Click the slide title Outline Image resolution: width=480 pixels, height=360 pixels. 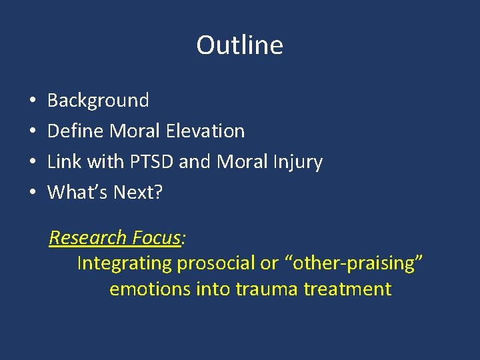(239, 45)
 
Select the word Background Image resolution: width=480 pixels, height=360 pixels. (98, 101)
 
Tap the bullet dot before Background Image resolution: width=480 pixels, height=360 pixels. (33, 101)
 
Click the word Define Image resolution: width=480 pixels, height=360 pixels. (75, 131)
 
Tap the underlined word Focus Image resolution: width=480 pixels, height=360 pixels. (157, 237)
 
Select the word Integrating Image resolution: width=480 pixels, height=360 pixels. (124, 263)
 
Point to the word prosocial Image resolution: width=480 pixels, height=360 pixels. (217, 263)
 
